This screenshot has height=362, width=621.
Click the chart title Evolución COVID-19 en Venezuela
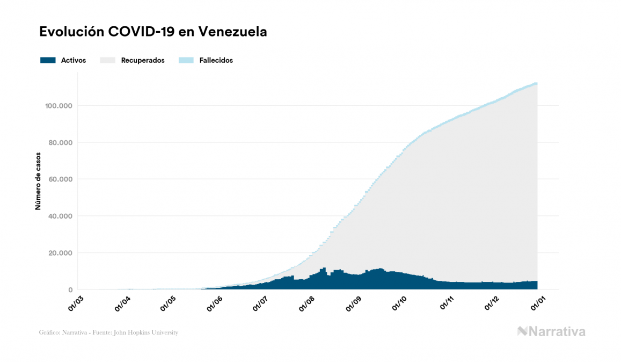coord(153,32)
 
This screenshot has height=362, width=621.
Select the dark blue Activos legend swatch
coord(48,60)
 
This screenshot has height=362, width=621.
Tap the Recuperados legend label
coord(142,60)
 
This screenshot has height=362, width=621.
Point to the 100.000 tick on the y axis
coord(59,106)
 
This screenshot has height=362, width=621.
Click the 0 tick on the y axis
coord(70,290)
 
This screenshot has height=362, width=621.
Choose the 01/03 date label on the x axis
coord(76,302)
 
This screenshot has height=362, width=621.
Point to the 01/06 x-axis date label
coord(214,302)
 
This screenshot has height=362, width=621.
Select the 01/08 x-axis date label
coord(306,302)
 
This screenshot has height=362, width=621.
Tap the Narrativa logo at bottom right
coord(551,331)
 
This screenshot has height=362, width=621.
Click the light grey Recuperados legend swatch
coord(107,60)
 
